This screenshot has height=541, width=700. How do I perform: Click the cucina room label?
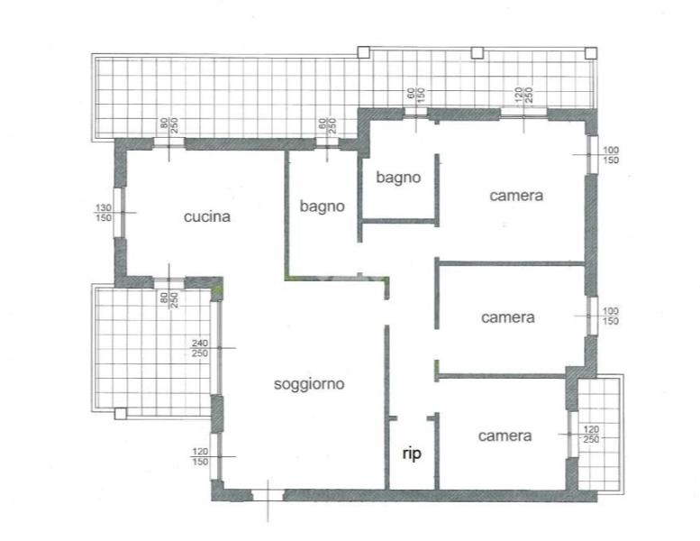[x=207, y=216]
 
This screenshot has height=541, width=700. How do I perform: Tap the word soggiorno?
[x=309, y=384]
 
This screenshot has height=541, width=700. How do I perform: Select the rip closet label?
[x=412, y=454]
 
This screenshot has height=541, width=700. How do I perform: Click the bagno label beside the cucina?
[x=322, y=206]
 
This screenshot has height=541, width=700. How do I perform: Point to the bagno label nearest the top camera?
[x=398, y=178]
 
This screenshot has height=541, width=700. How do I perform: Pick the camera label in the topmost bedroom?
[x=516, y=196]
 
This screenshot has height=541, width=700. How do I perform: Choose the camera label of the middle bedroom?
[x=507, y=317]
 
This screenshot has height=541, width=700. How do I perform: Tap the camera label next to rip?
[x=505, y=436]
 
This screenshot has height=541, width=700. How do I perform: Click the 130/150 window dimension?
[x=104, y=213]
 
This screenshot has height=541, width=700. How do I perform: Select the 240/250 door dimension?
[x=200, y=348]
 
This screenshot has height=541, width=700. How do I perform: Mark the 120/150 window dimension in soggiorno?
[x=200, y=456]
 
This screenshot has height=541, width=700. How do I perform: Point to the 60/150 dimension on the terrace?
[x=415, y=96]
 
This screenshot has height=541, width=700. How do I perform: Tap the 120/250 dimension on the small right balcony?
[x=591, y=435]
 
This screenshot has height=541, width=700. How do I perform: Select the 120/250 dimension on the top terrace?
[x=523, y=96]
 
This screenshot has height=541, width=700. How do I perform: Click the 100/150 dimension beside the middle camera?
[x=611, y=316]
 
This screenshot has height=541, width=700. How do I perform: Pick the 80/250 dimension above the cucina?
[x=169, y=126]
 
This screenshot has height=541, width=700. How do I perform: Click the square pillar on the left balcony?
[x=121, y=414]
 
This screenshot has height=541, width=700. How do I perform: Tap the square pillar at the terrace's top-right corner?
[x=591, y=52]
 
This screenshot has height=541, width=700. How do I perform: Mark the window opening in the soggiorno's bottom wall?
[x=268, y=495]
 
